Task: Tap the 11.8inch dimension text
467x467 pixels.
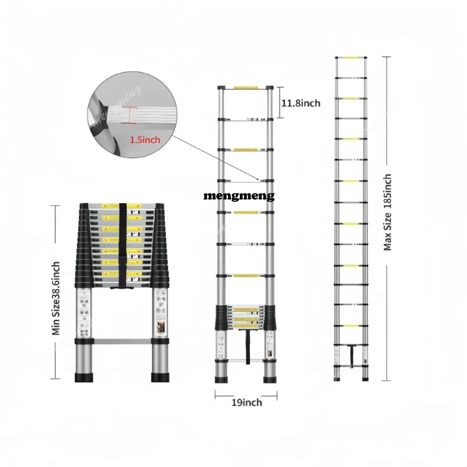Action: (301, 103)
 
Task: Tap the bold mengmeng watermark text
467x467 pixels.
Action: (239, 197)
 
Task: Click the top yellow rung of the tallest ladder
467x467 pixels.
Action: (351, 58)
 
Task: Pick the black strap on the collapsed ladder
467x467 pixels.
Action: (123, 245)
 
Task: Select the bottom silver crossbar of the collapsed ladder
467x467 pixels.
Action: (121, 340)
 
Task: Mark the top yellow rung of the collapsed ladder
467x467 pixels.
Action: (121, 206)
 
